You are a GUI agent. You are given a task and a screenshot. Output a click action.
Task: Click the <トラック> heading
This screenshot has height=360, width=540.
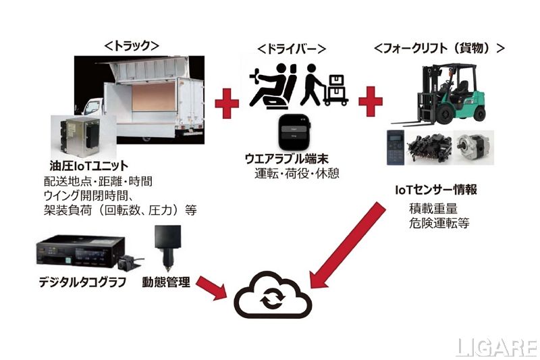point(131,46)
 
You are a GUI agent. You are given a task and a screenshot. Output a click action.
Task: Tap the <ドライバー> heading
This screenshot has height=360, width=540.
point(292,49)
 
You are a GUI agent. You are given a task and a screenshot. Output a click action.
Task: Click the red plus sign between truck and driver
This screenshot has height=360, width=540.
point(227,103)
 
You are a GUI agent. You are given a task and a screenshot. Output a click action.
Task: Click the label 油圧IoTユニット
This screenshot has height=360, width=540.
point(89,165)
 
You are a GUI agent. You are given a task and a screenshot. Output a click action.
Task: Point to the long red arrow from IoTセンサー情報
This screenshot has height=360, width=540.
point(346,246)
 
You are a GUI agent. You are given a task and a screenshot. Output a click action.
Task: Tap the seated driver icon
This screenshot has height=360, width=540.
point(270,86)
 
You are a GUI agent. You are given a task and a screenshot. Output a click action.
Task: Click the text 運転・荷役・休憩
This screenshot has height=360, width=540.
point(292,174)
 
